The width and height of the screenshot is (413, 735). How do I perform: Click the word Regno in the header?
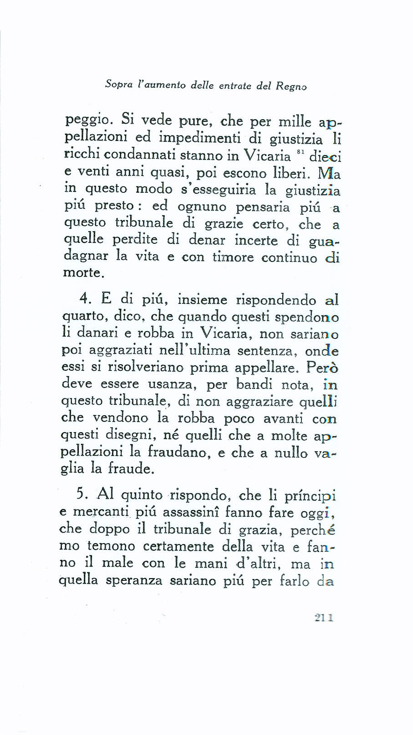(x=291, y=86)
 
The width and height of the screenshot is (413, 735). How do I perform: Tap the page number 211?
(x=324, y=618)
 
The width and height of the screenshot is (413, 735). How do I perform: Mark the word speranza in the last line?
(x=133, y=580)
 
